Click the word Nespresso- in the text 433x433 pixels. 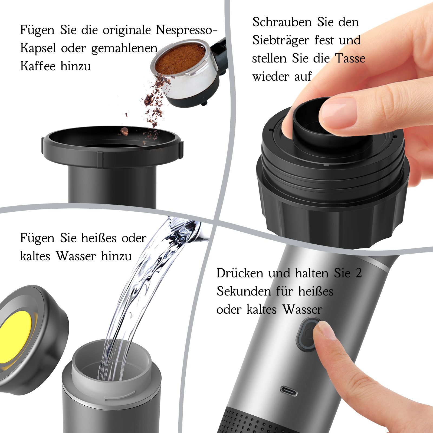pyautogui.click(x=186, y=30)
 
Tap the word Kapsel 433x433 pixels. pyautogui.click(x=38, y=48)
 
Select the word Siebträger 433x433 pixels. pyautogui.click(x=281, y=41)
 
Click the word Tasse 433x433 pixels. pyautogui.click(x=350, y=58)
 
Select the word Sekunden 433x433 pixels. pyautogui.click(x=244, y=291)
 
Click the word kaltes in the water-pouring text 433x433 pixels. pyautogui.click(x=35, y=256)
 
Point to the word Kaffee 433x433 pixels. pyautogui.click(x=38, y=66)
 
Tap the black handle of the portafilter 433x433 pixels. pyautogui.click(x=220, y=54)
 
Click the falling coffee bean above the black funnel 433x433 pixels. pyautogui.click(x=124, y=132)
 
